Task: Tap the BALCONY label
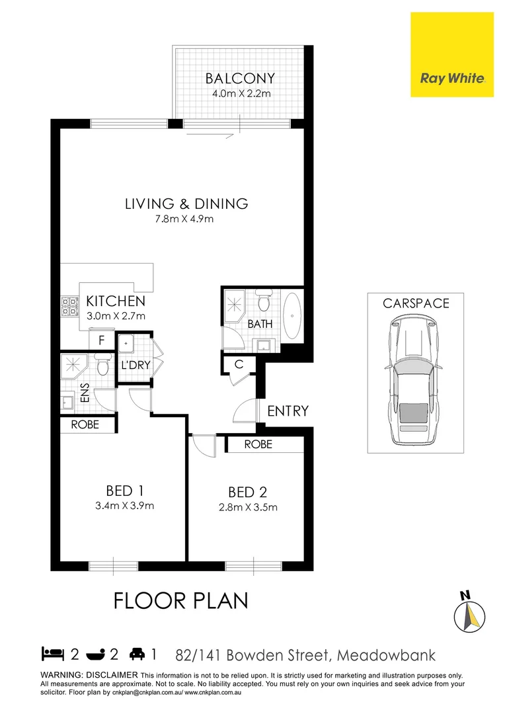coord(240,79)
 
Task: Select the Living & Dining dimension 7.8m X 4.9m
coord(186,219)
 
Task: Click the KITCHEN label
coord(116,301)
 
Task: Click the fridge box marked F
coord(101,340)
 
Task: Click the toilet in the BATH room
coord(264,303)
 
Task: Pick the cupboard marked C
coord(239,364)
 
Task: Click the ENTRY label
coord(288,411)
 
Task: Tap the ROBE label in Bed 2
coord(258,445)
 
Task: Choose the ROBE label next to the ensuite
coord(85,424)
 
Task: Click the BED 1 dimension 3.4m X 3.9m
coord(125,506)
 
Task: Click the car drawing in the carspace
coord(415,380)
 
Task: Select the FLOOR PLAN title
coord(180,601)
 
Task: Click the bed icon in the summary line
coord(52,654)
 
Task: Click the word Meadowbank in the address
coord(386,655)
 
